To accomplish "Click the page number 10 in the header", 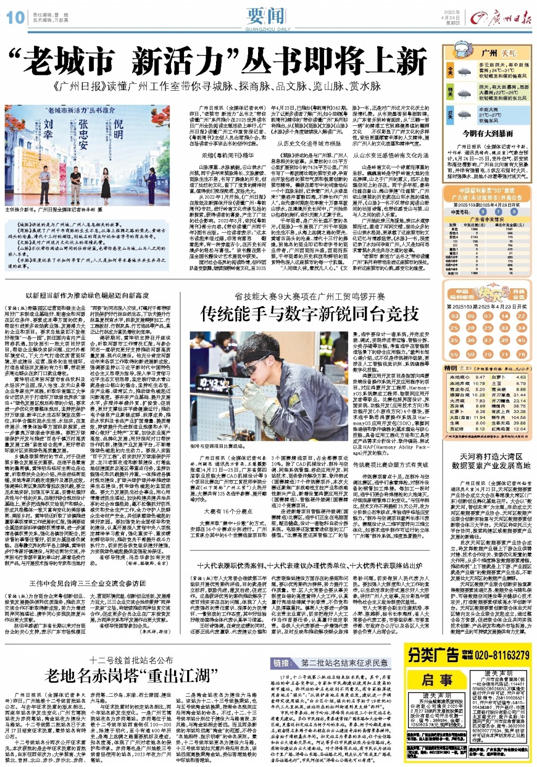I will (15, 17).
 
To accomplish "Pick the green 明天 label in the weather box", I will (450, 93).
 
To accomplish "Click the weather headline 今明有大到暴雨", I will (487, 134).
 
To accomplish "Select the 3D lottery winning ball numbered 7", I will (498, 212).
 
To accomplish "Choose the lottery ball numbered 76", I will (521, 354).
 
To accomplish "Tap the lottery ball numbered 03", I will (454, 316).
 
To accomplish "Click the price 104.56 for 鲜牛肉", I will (519, 418).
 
